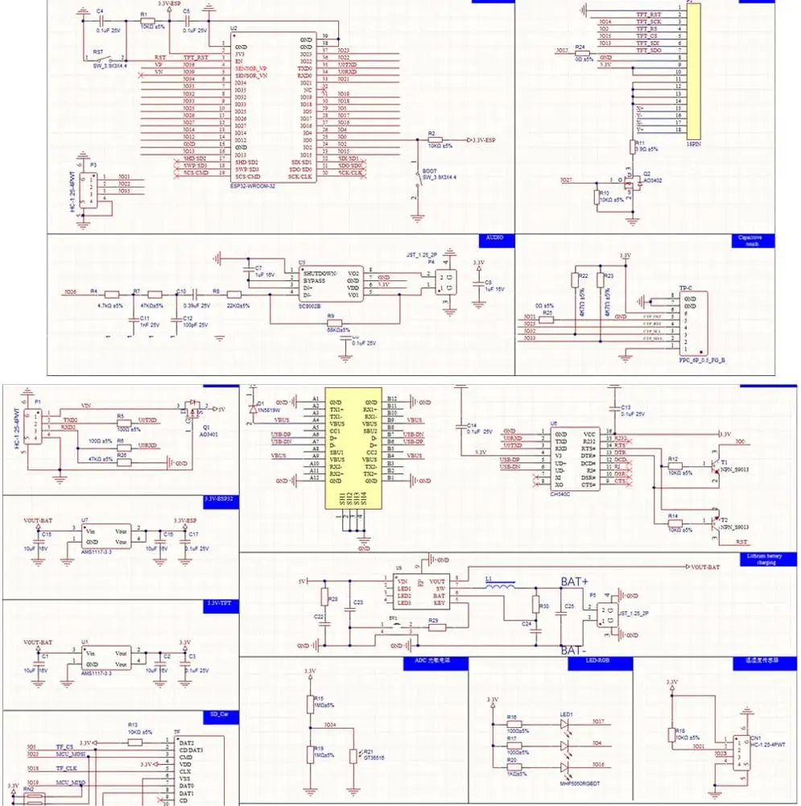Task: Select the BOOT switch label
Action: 428,172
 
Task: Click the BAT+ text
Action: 576,581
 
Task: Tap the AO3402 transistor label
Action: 652,180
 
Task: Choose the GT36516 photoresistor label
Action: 375,758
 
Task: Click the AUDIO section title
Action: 493,239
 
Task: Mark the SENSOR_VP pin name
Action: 250,69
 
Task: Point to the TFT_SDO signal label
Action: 650,51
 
